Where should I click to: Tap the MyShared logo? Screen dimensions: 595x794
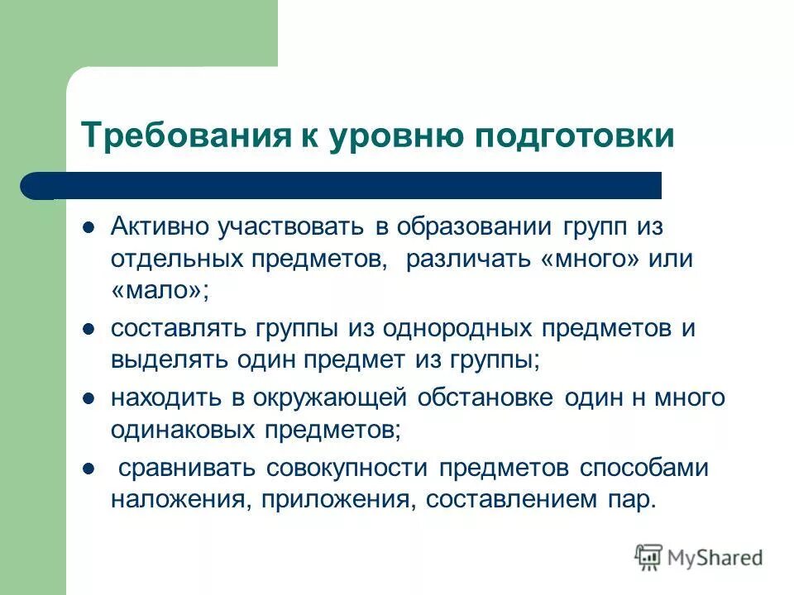(699, 558)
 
